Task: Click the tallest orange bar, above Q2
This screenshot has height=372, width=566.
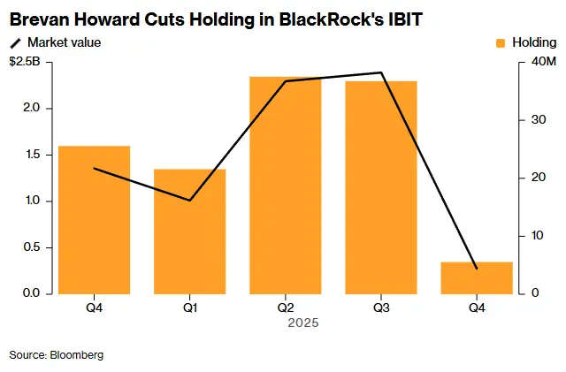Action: (286, 186)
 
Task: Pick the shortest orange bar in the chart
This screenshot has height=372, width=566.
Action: (477, 277)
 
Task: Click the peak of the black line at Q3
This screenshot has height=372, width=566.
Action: (381, 72)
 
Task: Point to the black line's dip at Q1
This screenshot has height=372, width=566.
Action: (190, 201)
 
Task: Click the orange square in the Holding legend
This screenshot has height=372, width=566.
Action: (501, 42)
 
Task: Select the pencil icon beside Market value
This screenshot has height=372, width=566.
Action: (15, 42)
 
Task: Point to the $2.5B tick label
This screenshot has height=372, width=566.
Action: (24, 62)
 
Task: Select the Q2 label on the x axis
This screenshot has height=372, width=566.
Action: (286, 307)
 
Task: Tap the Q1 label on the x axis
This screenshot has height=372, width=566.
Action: (190, 307)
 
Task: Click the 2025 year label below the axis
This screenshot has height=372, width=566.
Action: (303, 323)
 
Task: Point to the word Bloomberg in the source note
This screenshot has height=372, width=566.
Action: (77, 354)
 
